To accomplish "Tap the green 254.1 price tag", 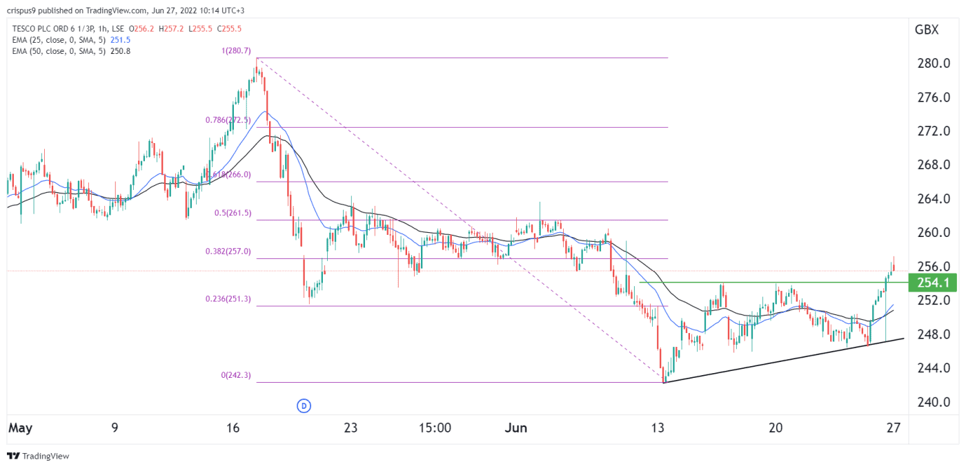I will point(933,282).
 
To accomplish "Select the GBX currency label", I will point(926,30).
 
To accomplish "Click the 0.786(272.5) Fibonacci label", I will point(232,120).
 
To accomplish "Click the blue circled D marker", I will point(303,406).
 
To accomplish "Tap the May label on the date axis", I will point(21,428).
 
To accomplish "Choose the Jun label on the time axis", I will point(515,428).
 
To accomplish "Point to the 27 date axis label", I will point(894,428).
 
